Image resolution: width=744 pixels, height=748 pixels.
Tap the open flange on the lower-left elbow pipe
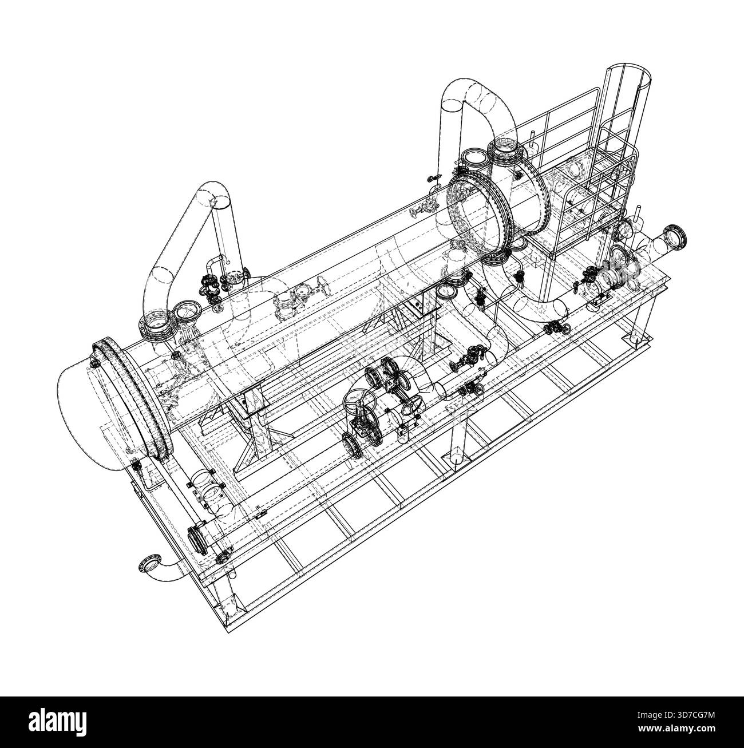point(149,563)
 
